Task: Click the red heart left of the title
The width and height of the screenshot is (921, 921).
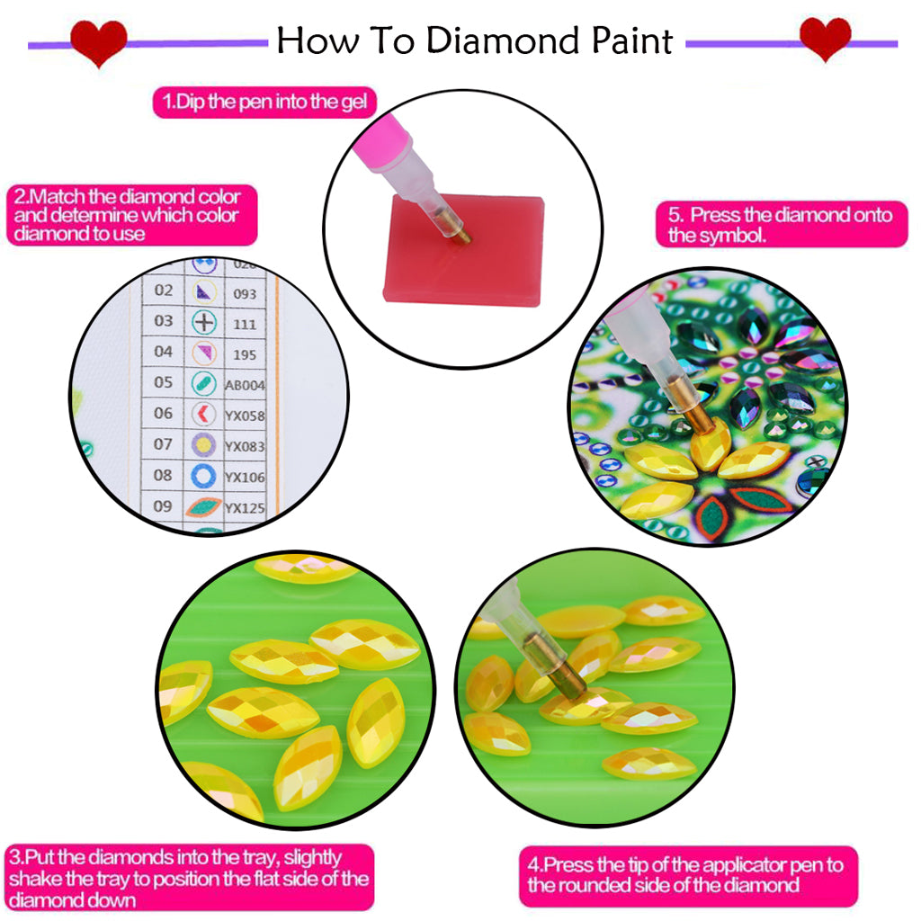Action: pyautogui.click(x=98, y=41)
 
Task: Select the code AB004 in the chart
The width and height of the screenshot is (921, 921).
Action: pyautogui.click(x=246, y=384)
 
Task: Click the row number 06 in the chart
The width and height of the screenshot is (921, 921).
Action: pyautogui.click(x=163, y=413)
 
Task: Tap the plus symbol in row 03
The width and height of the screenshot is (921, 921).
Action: pyautogui.click(x=206, y=321)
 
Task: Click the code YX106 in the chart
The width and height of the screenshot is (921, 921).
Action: pyautogui.click(x=246, y=478)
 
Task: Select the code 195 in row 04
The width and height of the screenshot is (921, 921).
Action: pyautogui.click(x=245, y=353)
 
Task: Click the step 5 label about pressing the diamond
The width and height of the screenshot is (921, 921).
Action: pyautogui.click(x=780, y=225)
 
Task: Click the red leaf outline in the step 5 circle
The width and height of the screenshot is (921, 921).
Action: pyautogui.click(x=759, y=498)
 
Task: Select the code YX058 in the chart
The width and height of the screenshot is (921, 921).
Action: pyautogui.click(x=246, y=416)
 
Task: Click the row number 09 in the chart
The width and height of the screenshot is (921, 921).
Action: pyautogui.click(x=163, y=506)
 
